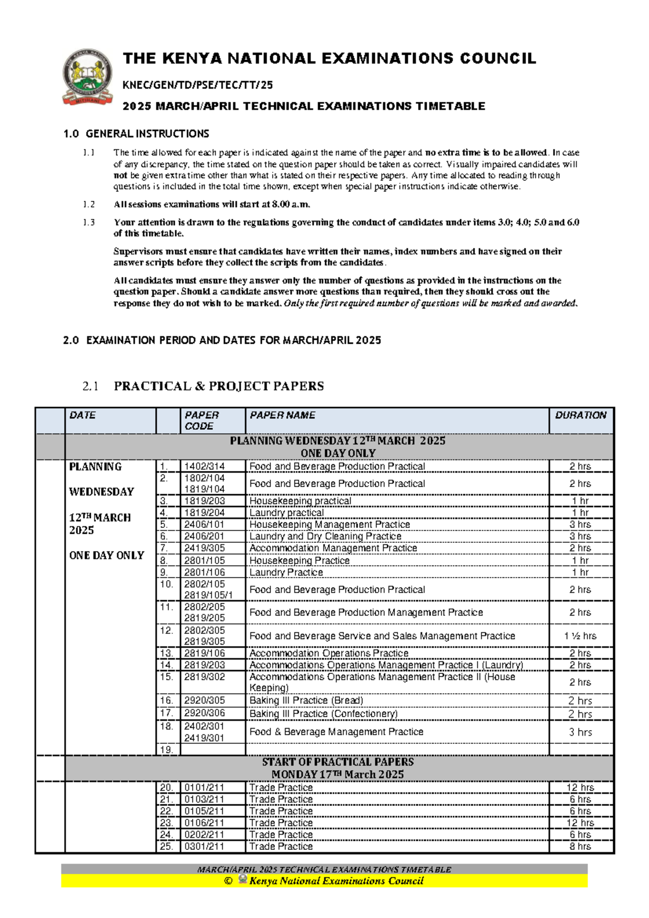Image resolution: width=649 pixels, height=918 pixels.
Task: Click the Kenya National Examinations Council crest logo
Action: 88,77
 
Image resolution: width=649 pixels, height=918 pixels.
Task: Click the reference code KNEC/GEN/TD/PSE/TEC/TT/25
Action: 198,85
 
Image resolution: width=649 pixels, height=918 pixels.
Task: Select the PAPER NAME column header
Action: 282,415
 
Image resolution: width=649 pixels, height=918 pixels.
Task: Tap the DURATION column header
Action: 580,415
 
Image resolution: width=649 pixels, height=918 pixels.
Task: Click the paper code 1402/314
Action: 204,466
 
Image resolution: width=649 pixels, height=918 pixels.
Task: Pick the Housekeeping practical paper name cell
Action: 300,501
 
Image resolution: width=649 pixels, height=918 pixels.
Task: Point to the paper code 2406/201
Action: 204,536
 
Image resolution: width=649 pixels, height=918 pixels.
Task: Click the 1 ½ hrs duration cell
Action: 580,636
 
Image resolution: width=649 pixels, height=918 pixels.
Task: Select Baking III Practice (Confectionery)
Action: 323,713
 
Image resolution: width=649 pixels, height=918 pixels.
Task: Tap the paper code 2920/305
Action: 204,700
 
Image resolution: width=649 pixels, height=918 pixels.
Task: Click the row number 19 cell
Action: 167,750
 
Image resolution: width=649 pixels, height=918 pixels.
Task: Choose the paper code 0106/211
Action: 204,823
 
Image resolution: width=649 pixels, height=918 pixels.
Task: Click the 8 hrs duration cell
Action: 580,846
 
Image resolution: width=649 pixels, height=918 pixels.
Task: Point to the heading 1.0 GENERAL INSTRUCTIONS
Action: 136,134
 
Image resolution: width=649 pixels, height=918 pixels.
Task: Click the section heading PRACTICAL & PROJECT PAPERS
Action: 218,386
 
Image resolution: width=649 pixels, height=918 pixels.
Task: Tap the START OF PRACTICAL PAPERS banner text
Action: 337,762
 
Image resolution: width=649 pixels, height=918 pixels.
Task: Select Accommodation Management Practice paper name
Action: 333,548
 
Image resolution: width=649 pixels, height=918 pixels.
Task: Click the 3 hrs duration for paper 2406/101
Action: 580,524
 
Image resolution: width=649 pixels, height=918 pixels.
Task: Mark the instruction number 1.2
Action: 89,204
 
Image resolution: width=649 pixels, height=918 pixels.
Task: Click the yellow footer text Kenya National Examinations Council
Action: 336,881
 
